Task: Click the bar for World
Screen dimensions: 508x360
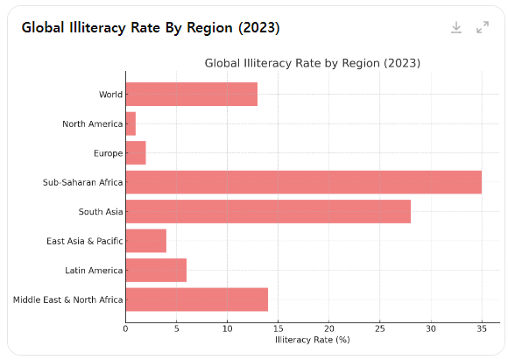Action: [192, 94]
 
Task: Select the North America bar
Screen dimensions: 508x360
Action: [131, 124]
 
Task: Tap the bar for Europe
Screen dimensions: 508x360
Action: [136, 152]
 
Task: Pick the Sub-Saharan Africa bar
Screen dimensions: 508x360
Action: [304, 182]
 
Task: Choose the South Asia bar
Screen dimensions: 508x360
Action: [268, 211]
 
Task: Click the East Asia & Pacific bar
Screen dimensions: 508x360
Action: [146, 241]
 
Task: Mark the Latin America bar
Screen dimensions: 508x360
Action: [156, 270]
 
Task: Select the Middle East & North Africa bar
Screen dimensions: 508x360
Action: [197, 300]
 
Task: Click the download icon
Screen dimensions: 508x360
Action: [456, 27]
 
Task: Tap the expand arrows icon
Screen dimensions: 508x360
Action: [483, 27]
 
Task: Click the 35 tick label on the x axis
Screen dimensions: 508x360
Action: [482, 328]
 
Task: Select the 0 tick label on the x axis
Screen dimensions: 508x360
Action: [126, 328]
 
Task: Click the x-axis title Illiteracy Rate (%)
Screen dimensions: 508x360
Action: [313, 340]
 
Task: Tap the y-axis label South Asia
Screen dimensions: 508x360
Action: [101, 212]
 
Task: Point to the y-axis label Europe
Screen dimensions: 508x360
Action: [109, 153]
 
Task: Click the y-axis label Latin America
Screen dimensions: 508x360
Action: [94, 271]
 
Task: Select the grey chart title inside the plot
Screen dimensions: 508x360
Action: [313, 63]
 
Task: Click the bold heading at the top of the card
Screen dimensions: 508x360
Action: [151, 27]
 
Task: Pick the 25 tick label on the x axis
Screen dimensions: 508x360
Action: [380, 328]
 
